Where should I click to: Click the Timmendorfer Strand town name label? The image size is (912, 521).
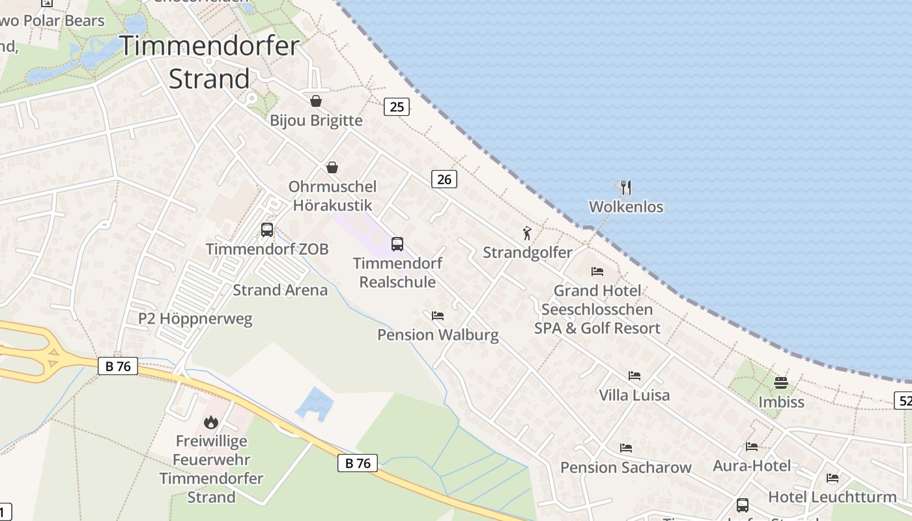(209, 63)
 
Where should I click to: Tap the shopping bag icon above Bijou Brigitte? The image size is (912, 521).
(316, 101)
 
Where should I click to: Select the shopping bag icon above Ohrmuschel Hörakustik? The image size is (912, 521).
(332, 167)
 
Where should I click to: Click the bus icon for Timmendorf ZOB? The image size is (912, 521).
(267, 229)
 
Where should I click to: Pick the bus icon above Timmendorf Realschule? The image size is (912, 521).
(397, 244)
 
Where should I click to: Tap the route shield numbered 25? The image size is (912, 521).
(396, 107)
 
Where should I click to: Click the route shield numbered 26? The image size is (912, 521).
(444, 179)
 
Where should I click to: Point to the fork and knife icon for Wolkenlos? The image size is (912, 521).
(626, 188)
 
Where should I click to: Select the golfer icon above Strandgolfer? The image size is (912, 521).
(527, 233)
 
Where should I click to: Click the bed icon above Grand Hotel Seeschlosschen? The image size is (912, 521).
(597, 271)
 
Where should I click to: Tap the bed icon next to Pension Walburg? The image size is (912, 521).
(438, 316)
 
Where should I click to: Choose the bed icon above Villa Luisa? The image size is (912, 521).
(634, 375)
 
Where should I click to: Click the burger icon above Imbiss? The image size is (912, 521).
(781, 382)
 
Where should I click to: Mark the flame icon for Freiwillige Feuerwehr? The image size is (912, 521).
(211, 422)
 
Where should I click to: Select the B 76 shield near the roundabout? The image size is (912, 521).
(118, 366)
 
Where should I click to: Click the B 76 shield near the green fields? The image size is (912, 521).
(358, 463)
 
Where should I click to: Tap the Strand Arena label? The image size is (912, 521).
(280, 290)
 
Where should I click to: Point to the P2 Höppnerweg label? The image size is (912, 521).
(195, 319)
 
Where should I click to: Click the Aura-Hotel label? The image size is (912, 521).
(752, 466)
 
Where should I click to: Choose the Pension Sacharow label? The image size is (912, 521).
(625, 468)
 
